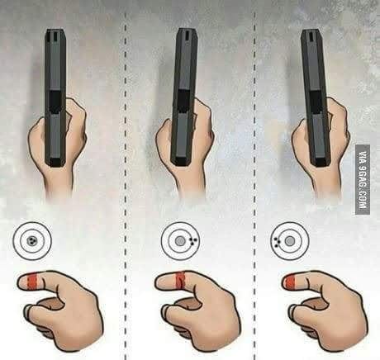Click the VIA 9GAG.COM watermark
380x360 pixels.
pos(363,179)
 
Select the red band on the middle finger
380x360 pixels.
pos(181,280)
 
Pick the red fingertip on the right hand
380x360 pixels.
pos(290,282)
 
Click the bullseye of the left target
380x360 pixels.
pos(32,241)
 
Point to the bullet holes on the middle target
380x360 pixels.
pos(192,240)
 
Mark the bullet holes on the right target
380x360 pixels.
pos(277,242)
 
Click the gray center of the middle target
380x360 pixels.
pos(180,241)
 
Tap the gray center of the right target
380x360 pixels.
pos(289,241)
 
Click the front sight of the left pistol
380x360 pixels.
pos(55,36)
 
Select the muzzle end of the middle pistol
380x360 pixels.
pos(187,31)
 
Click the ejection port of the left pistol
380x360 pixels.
pos(56,102)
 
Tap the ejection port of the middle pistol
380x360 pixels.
pos(183,102)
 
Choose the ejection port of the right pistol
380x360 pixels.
pos(317,102)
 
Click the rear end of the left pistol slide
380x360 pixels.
pos(56,162)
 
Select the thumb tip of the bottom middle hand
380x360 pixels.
pos(165,310)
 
